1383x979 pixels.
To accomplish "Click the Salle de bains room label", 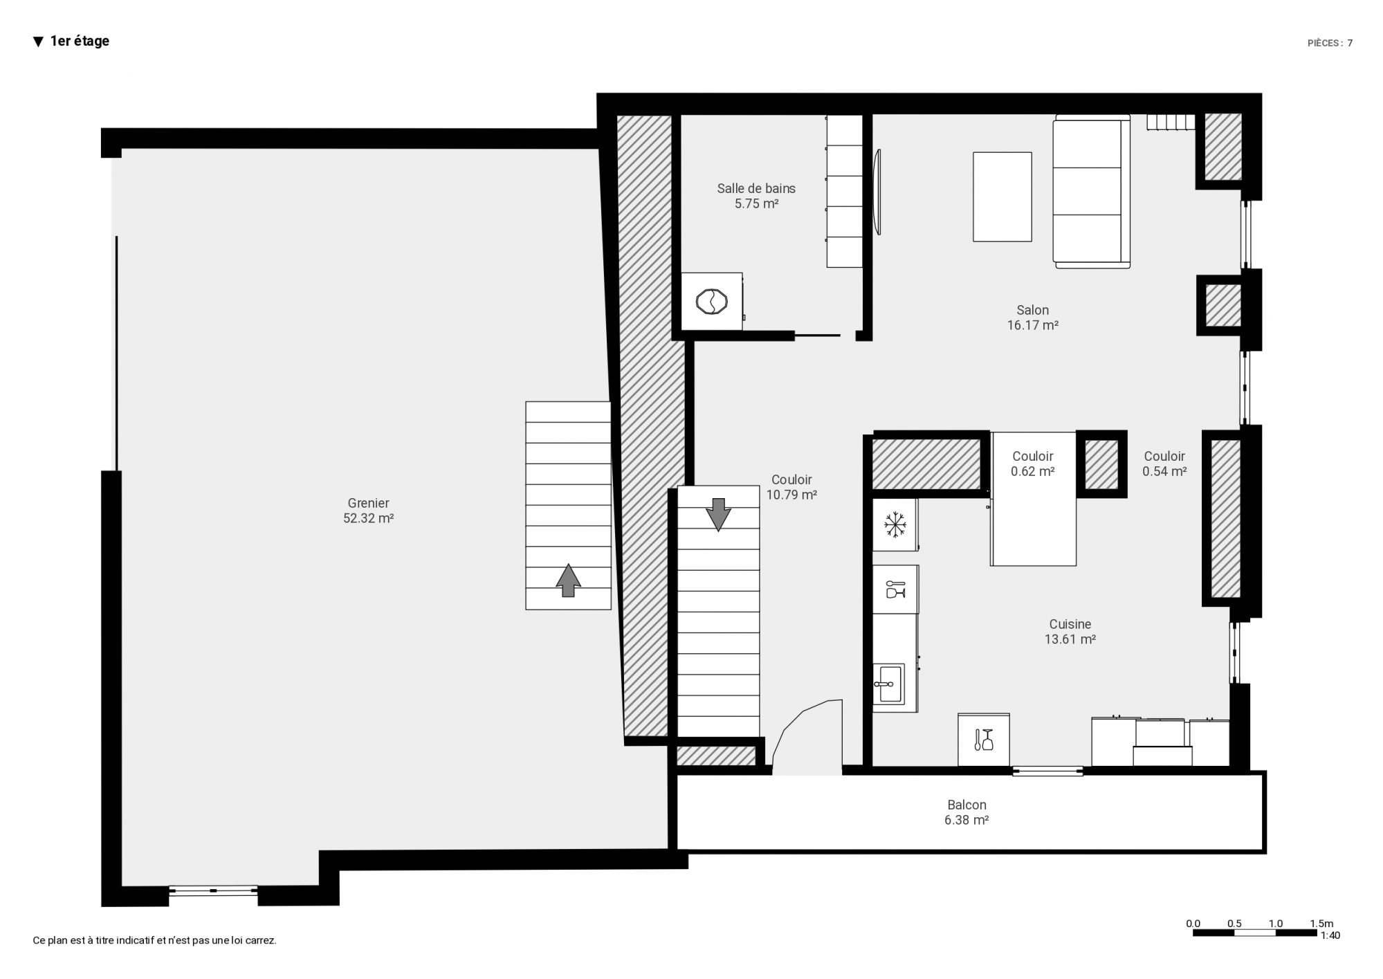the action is (x=756, y=188).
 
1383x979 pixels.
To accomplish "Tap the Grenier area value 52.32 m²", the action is (x=369, y=518).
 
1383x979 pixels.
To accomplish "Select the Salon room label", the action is (x=1033, y=310).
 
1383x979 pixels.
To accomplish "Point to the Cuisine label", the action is (x=1070, y=624).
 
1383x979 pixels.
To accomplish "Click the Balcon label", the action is (x=967, y=805).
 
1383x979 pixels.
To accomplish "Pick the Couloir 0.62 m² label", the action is (x=1033, y=464).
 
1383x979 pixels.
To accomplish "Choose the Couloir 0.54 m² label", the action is (x=1164, y=464).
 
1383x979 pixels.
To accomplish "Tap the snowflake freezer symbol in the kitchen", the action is (x=895, y=525).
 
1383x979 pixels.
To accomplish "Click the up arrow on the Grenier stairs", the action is (x=568, y=580).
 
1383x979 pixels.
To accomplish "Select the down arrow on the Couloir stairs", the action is (x=718, y=515).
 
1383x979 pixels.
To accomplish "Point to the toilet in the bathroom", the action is (x=712, y=302).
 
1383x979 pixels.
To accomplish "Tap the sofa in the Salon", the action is (x=1092, y=192).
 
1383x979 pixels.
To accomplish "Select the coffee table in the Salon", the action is (x=1002, y=197).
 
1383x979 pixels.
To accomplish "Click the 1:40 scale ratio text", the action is (x=1330, y=935).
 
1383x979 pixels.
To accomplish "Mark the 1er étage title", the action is (x=80, y=42).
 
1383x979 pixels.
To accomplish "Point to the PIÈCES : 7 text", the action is (x=1330, y=43).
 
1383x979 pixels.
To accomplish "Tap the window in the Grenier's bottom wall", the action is (x=213, y=890).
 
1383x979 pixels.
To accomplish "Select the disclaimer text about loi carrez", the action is (x=155, y=941).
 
